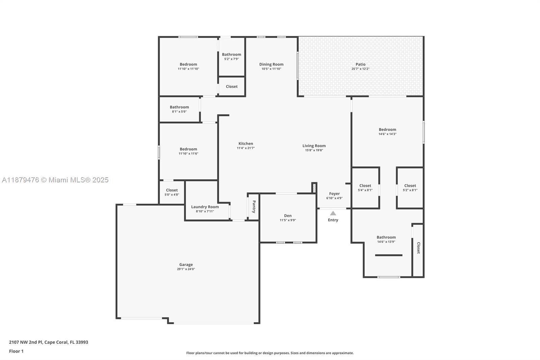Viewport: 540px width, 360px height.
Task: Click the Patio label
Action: pyautogui.click(x=360, y=64)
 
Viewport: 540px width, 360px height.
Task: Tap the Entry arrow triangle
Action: pyautogui.click(x=333, y=213)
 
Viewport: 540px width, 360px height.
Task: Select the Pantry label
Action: pyautogui.click(x=254, y=207)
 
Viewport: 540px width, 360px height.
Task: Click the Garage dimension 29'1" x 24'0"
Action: pyautogui.click(x=186, y=269)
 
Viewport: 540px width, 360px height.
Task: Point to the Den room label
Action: pyautogui.click(x=288, y=215)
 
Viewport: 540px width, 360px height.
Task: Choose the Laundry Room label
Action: pyautogui.click(x=205, y=207)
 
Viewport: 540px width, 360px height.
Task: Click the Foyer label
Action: pyautogui.click(x=334, y=194)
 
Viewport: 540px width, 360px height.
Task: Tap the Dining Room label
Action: pyautogui.click(x=271, y=64)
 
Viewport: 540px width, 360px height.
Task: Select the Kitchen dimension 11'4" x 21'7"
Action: pyautogui.click(x=246, y=148)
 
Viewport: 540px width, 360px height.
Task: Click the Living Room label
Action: pyautogui.click(x=314, y=146)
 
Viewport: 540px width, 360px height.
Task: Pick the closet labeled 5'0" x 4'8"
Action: pyautogui.click(x=172, y=192)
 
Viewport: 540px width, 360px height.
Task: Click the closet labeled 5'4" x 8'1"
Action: pyautogui.click(x=365, y=187)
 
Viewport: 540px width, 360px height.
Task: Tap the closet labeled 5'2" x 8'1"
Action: pyautogui.click(x=410, y=187)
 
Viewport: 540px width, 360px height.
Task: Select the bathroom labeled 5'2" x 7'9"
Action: pyautogui.click(x=232, y=56)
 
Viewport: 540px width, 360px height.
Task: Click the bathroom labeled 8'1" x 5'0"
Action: pyautogui.click(x=179, y=109)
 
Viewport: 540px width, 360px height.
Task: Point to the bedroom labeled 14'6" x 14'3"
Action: pyautogui.click(x=387, y=131)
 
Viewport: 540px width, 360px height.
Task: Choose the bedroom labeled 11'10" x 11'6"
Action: pyautogui.click(x=188, y=151)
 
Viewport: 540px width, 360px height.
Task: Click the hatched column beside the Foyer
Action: pyautogui.click(x=314, y=188)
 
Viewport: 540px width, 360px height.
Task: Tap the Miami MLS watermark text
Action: pyautogui.click(x=55, y=180)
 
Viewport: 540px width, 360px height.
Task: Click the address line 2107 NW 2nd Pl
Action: pyautogui.click(x=48, y=342)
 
